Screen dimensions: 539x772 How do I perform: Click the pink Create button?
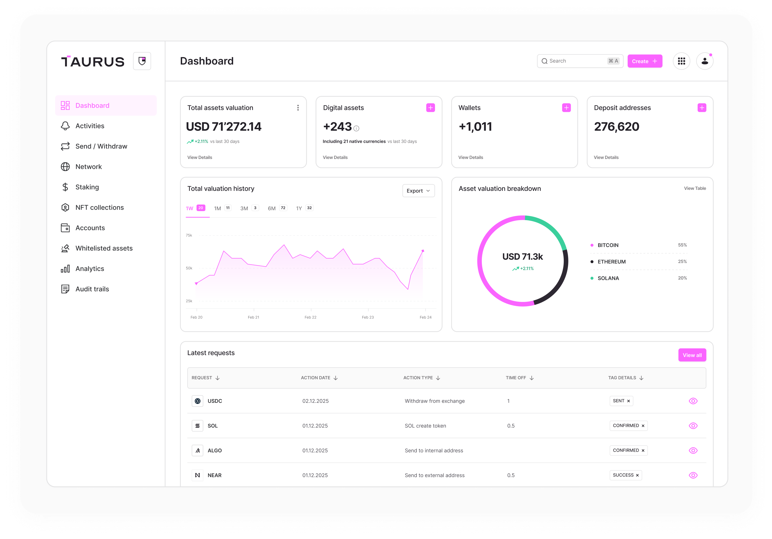(644, 61)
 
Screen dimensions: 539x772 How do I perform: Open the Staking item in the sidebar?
(87, 187)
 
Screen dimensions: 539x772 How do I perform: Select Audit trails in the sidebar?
(92, 289)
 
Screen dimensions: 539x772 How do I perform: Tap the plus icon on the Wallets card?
(566, 107)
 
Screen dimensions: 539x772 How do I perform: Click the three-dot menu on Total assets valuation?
(298, 107)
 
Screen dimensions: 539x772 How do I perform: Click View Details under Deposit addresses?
(606, 157)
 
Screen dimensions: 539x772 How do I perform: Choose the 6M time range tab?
(272, 208)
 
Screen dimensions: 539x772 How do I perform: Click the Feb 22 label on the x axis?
(310, 317)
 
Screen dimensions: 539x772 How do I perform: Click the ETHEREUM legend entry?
(611, 262)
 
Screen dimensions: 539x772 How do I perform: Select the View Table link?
(695, 188)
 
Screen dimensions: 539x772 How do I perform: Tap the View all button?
(692, 355)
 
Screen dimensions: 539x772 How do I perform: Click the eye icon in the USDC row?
(693, 401)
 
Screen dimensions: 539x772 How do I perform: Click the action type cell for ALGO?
(434, 451)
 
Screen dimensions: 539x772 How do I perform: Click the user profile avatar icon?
(704, 61)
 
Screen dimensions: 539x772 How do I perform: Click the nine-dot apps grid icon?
(681, 61)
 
